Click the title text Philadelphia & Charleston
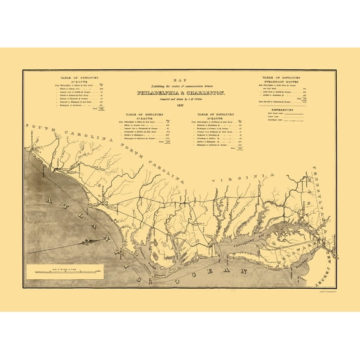(179, 92)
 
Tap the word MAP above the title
(180, 78)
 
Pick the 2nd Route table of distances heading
(143, 116)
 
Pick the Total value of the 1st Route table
(96, 109)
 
